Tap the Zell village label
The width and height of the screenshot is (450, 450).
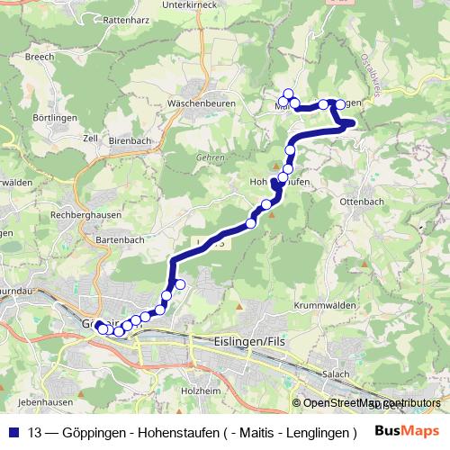click(89, 139)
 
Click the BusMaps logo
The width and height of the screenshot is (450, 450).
click(407, 430)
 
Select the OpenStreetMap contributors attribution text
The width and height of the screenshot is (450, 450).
click(370, 403)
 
